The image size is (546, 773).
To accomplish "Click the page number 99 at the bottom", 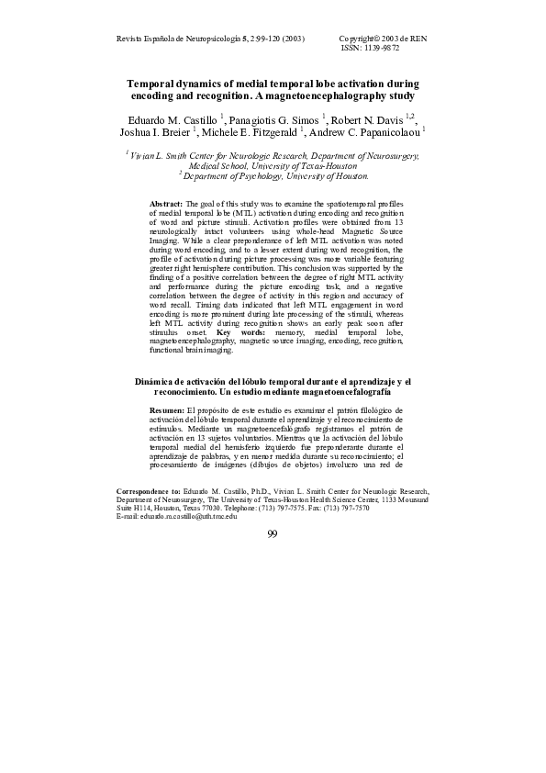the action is pos(273,535).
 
